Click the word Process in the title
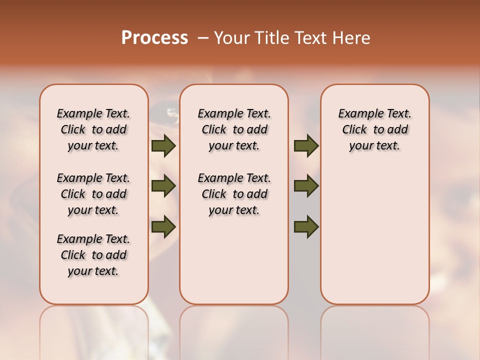(x=154, y=38)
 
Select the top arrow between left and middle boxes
(x=163, y=146)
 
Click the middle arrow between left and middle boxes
(x=163, y=186)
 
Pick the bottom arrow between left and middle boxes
(x=163, y=226)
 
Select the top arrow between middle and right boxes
(x=306, y=146)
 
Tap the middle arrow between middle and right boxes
(x=306, y=186)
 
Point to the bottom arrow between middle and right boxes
(x=306, y=226)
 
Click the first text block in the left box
(x=93, y=129)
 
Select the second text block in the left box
(x=93, y=194)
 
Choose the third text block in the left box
(x=93, y=255)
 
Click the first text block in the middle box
(x=234, y=129)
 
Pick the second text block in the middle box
(x=234, y=194)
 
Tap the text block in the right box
(x=374, y=129)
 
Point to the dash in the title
(x=203, y=38)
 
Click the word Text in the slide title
(x=310, y=38)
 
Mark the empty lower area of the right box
(x=374, y=240)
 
